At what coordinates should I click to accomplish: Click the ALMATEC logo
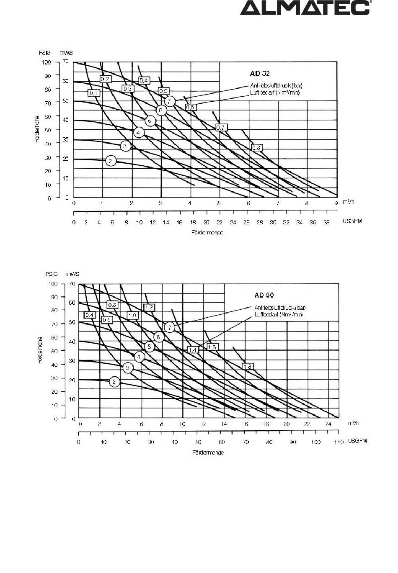pos(305,8)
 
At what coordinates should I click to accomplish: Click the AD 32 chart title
pos(260,73)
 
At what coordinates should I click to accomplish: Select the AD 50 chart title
pos(264,295)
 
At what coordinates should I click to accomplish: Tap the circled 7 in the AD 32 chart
pos(169,101)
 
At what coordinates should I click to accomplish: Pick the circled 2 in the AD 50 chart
pos(114,382)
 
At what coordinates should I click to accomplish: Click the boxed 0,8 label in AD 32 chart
pos(256,147)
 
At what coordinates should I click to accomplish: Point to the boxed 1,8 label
pos(248,367)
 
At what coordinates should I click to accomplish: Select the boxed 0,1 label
pos(93,93)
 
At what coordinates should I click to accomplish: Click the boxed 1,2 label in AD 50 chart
pos(149,307)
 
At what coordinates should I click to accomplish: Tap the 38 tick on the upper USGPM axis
pos(326,222)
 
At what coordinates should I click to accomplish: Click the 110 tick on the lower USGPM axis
pos(339,442)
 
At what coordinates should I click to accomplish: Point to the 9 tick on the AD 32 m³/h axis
pos(336,203)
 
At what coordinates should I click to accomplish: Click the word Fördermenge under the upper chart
pos(207,232)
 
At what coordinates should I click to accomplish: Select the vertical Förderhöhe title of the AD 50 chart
pos(40,350)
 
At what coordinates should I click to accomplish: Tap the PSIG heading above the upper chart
pos(45,53)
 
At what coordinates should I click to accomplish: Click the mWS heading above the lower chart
pos(72,274)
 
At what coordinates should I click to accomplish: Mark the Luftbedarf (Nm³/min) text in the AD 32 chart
pos(275,93)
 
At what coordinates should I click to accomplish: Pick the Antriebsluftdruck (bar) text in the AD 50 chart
pos(280,308)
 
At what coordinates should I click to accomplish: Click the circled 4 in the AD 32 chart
pos(139,132)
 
